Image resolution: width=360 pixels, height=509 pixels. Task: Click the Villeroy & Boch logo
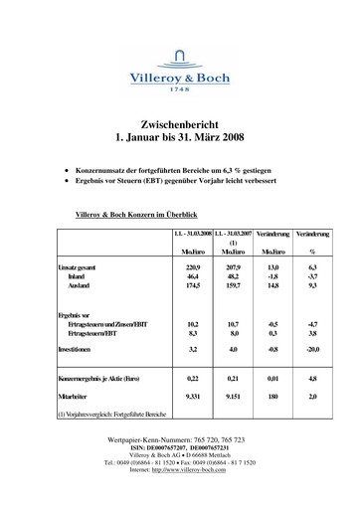coord(179,70)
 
